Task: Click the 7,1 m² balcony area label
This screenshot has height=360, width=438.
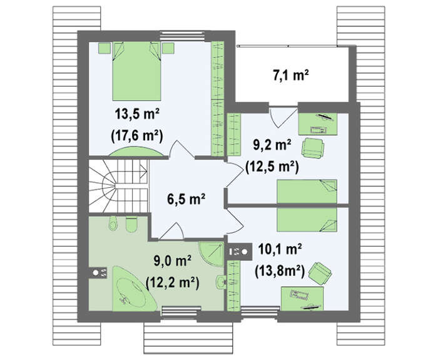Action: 290,75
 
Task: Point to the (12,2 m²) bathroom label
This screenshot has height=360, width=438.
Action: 172,282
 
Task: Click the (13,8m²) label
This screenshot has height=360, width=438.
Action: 280,271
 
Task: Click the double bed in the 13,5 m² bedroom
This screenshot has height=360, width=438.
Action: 136,71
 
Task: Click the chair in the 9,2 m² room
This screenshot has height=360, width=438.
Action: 313,147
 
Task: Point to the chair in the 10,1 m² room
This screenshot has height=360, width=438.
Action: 320,271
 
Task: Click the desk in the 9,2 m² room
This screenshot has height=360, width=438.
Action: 318,124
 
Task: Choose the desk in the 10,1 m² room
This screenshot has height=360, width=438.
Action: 302,298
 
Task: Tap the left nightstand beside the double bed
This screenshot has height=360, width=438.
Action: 104,48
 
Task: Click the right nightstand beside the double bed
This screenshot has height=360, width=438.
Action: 168,48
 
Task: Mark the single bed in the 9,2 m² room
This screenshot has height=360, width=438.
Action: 307,192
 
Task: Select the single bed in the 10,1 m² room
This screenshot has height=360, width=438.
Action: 307,220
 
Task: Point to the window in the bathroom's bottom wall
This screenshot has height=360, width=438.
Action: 181,312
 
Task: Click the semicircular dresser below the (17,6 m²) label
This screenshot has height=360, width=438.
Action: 136,152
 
